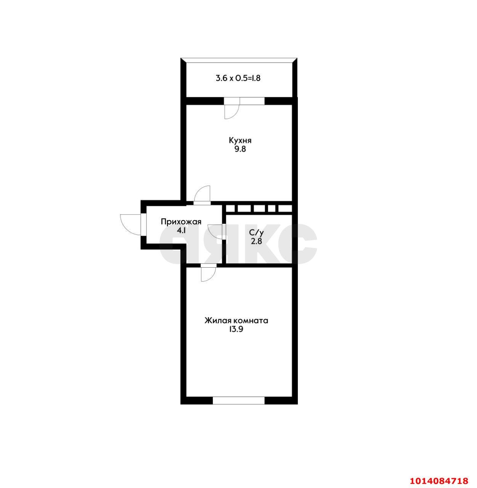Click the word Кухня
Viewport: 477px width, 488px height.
240,141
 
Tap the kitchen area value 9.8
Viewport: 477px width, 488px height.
240,149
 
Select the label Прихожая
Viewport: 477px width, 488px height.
181,222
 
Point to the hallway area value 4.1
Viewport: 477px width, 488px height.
181,230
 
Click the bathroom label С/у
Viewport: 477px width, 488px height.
257,233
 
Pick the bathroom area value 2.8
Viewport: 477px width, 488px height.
257,241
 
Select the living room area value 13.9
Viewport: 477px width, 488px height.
236,329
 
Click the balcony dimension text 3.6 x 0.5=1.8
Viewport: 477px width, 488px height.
238,78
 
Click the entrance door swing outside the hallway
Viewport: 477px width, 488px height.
131,225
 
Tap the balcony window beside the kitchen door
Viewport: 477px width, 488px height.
252,101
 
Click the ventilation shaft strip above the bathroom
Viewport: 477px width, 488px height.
259,209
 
